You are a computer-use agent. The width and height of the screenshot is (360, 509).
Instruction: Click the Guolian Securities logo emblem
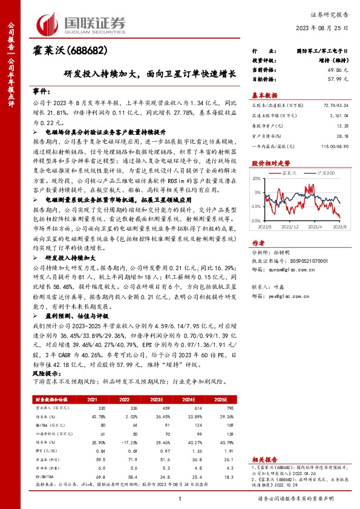click(47, 24)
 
